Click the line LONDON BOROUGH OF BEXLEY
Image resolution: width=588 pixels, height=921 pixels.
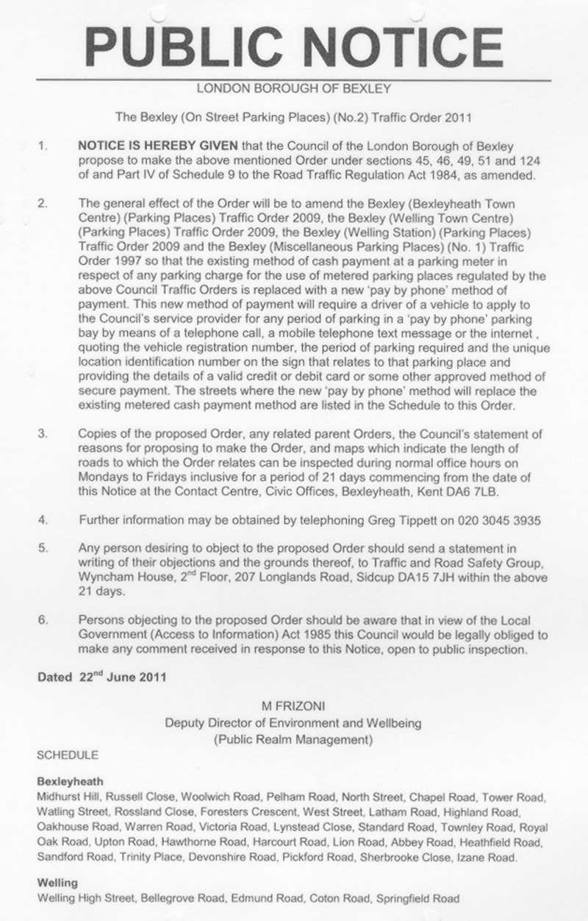(293, 89)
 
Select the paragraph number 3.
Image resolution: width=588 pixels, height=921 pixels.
(43, 434)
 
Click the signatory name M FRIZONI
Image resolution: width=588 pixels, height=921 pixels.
(293, 706)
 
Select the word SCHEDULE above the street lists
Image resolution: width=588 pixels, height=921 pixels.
(67, 755)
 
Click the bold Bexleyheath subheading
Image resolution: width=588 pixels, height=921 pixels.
(70, 782)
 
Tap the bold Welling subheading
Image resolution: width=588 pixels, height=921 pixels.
(57, 882)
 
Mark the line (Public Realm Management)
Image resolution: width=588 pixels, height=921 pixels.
(293, 739)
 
